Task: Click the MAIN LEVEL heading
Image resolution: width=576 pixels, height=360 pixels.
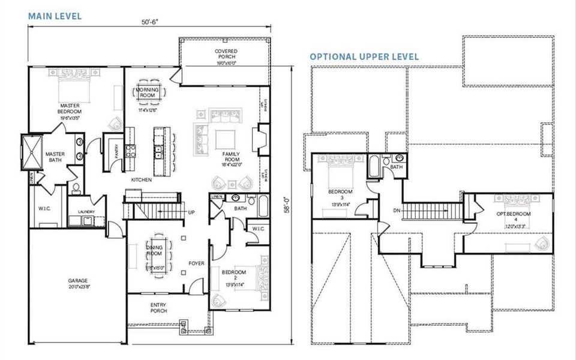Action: (x=55, y=16)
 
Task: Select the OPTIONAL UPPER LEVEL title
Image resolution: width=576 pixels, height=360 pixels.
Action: (x=364, y=56)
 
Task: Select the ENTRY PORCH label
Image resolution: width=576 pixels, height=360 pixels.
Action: (x=158, y=308)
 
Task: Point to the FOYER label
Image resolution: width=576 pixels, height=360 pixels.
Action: (x=197, y=263)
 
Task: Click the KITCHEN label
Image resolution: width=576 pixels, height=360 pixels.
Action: (x=142, y=179)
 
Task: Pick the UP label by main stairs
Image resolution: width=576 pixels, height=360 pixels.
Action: (x=191, y=213)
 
